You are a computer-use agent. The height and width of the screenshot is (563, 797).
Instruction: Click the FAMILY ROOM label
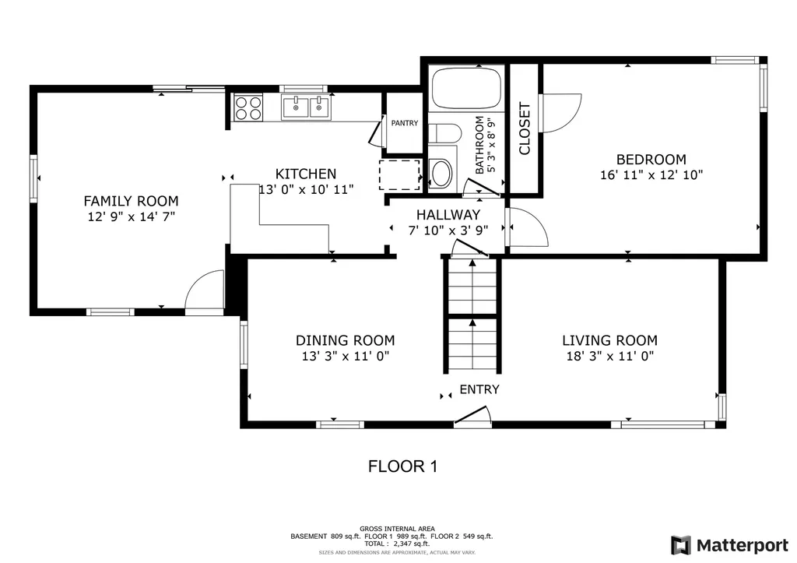pyautogui.click(x=131, y=201)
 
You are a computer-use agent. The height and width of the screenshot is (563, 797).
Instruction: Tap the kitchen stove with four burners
pyautogui.click(x=248, y=107)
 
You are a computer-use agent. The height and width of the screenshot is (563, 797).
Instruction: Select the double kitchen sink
pyautogui.click(x=306, y=107)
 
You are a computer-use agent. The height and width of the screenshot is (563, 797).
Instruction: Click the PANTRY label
pyautogui.click(x=405, y=123)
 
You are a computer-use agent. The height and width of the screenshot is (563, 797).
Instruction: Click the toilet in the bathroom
pyautogui.click(x=445, y=133)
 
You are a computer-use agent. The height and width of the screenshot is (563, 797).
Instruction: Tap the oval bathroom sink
pyautogui.click(x=441, y=174)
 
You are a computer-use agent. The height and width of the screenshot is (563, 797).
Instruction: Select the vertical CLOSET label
pyautogui.click(x=525, y=128)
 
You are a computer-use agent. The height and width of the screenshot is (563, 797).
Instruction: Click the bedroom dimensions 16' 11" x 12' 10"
pyautogui.click(x=651, y=175)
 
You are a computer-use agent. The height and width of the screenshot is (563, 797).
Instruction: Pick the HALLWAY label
pyautogui.click(x=448, y=215)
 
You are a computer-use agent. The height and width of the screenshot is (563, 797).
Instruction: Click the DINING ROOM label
pyautogui.click(x=345, y=340)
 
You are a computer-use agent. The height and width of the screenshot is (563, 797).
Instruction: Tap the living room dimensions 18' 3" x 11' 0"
pyautogui.click(x=610, y=356)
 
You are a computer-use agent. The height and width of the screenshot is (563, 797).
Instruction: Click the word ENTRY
pyautogui.click(x=479, y=389)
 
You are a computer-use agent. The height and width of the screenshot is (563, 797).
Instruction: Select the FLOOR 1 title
pyautogui.click(x=402, y=466)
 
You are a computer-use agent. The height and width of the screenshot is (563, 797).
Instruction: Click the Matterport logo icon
pyautogui.click(x=681, y=545)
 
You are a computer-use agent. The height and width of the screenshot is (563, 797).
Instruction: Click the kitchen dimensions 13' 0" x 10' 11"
pyautogui.click(x=306, y=190)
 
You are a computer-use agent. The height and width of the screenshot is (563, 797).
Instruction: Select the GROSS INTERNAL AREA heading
pyautogui.click(x=397, y=529)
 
